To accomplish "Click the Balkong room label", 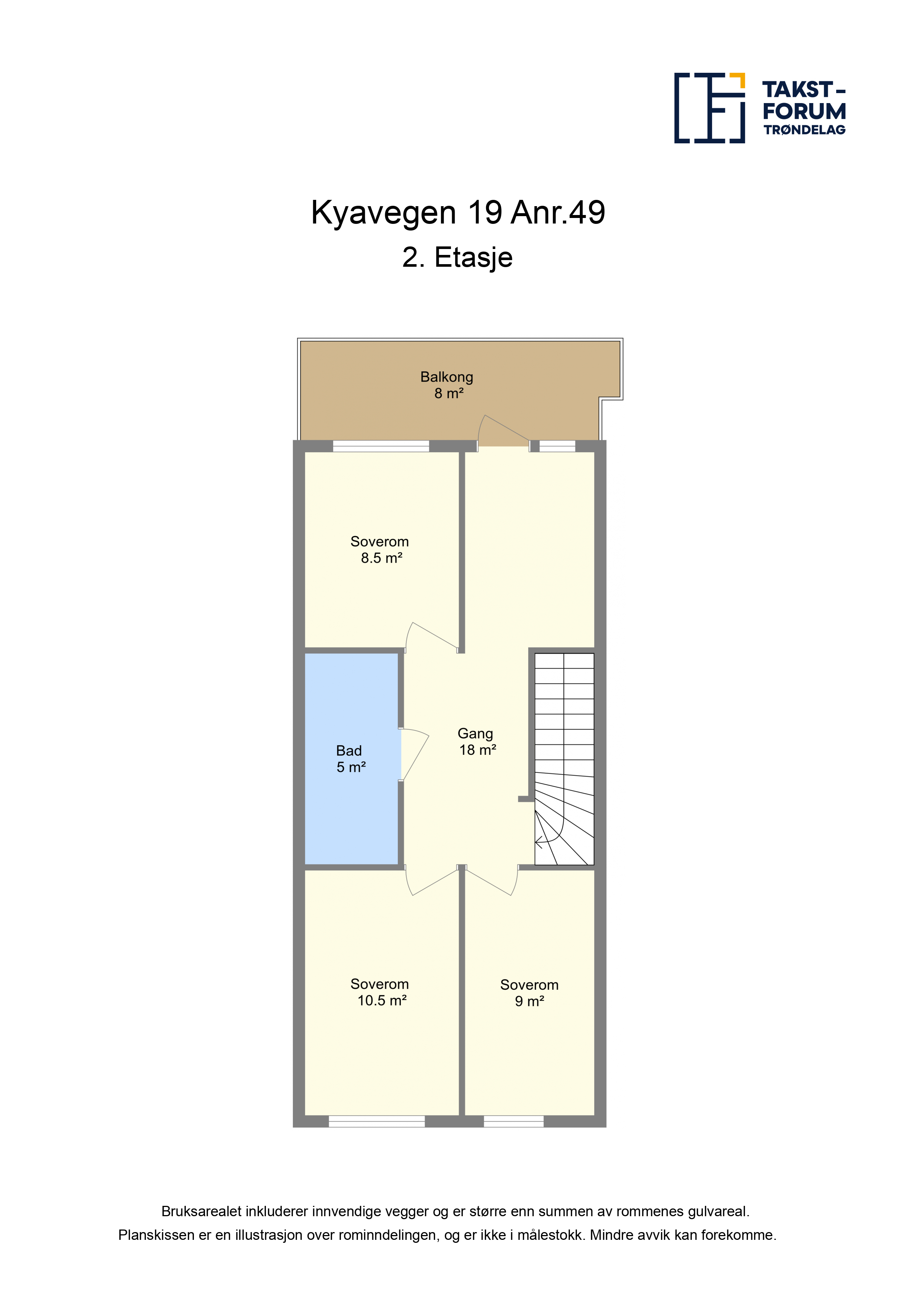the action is pyautogui.click(x=447, y=377).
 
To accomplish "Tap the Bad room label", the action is pyautogui.click(x=349, y=751).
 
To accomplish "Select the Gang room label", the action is pyautogui.click(x=475, y=734).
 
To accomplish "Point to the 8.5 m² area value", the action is pyautogui.click(x=382, y=558).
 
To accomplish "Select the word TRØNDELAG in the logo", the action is pyautogui.click(x=804, y=130).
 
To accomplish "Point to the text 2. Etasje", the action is pyautogui.click(x=457, y=258).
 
